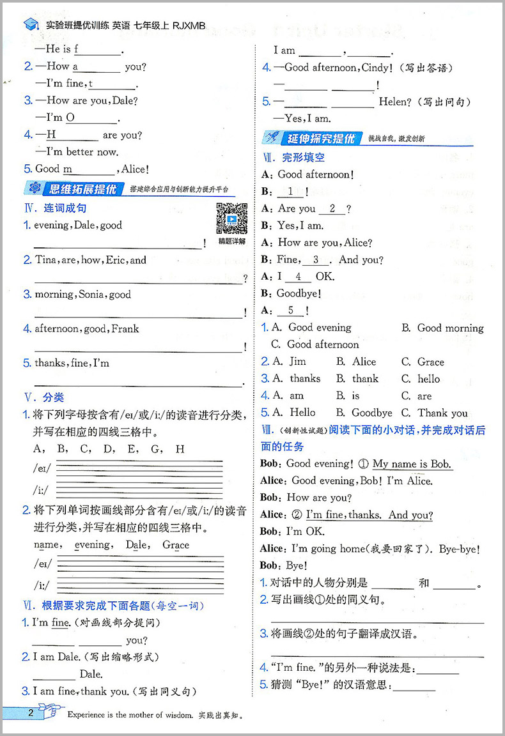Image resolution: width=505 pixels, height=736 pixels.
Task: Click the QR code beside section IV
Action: [231, 218]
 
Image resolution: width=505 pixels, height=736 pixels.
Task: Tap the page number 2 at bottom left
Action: [30, 714]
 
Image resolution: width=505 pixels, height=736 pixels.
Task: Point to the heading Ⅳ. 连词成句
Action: [55, 208]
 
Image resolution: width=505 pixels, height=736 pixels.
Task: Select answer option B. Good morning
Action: [443, 328]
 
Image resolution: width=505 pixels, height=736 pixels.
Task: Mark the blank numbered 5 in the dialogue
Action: [291, 310]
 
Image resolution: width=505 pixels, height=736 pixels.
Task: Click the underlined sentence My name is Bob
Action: [412, 464]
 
